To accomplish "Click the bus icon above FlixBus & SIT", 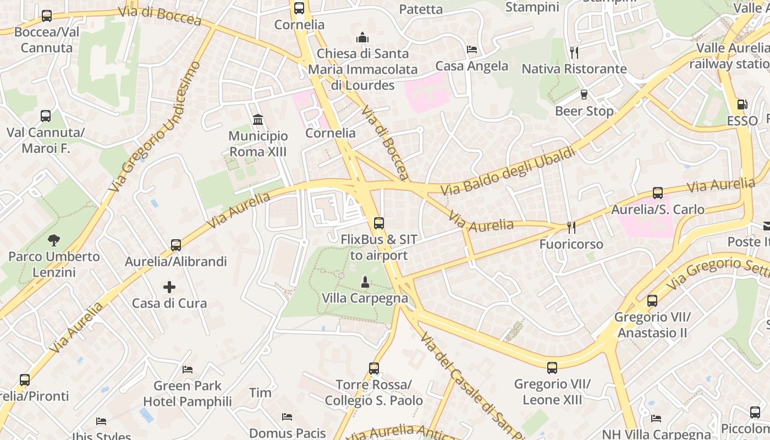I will [378, 223].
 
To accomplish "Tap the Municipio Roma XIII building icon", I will [257, 119].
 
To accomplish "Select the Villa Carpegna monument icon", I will [364, 282].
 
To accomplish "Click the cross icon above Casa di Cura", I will [169, 287].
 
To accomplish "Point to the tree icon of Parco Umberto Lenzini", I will [53, 240].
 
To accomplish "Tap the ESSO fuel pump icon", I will [741, 105].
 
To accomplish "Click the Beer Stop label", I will [584, 111].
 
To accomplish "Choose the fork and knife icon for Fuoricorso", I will [571, 227].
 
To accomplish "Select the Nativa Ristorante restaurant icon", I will [574, 52].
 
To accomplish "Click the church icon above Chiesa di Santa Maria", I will [362, 37].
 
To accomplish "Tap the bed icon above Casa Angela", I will [471, 50].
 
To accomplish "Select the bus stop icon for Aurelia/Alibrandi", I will [175, 245].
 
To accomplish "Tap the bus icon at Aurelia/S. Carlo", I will [657, 193].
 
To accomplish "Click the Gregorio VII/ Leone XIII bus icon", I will [552, 367].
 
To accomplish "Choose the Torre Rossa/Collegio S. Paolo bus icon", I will [373, 369].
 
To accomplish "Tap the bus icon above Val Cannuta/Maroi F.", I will [45, 116].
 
